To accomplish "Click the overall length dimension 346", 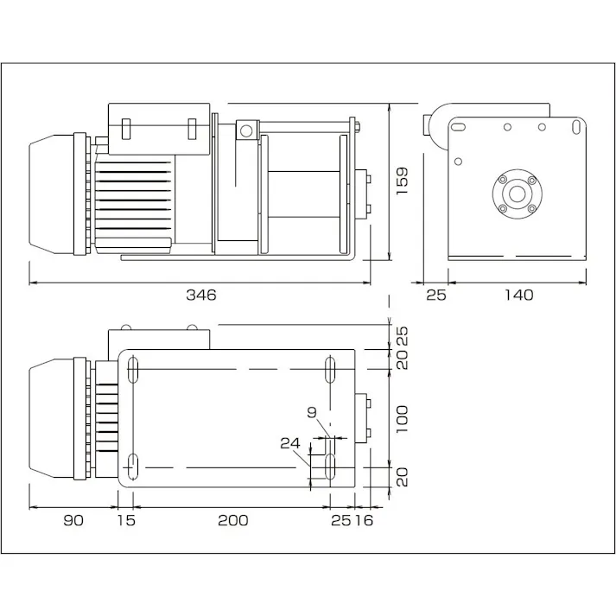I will [x=200, y=295].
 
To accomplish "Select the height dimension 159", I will [x=402, y=181].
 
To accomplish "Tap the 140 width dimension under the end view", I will [x=518, y=295].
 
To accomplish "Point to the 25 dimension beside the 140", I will [x=436, y=295].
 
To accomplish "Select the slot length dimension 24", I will [x=290, y=443].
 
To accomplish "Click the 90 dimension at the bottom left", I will [x=73, y=519].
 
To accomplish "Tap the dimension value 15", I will [x=126, y=519].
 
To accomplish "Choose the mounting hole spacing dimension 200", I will [x=232, y=519].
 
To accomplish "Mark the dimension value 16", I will [x=363, y=519].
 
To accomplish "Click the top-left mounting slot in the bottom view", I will [x=135, y=370].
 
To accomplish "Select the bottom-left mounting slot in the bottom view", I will [x=135, y=467].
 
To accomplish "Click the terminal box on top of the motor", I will [x=159, y=128].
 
